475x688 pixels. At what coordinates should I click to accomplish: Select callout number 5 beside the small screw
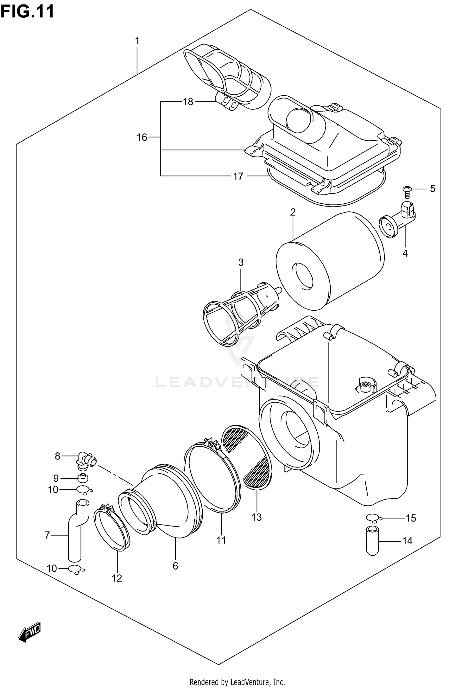[x=433, y=189]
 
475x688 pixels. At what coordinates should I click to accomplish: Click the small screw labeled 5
[x=407, y=191]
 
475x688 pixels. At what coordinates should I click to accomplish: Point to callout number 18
[x=188, y=102]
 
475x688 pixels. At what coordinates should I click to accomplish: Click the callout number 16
[x=142, y=137]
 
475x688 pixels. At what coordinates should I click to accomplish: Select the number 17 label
[x=238, y=176]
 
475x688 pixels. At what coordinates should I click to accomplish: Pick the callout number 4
[x=405, y=253]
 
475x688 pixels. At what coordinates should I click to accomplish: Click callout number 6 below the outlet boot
[x=175, y=566]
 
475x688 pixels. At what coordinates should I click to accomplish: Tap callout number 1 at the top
[x=137, y=41]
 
